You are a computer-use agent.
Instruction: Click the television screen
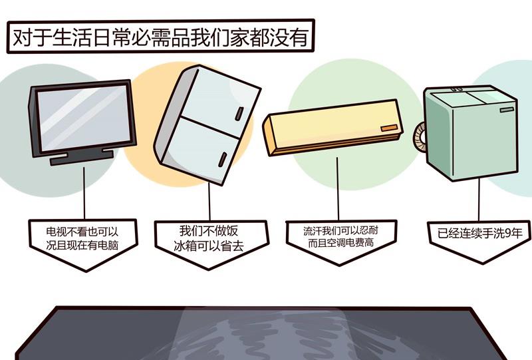(84, 118)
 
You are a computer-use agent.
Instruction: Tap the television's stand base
(81, 158)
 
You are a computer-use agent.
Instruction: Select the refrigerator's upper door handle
(239, 114)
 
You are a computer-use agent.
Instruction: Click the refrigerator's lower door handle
(223, 159)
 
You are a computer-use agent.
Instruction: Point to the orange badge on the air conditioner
(389, 128)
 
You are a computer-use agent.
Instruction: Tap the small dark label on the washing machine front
(507, 109)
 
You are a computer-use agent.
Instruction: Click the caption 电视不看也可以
(82, 232)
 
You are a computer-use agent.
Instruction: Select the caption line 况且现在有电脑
(82, 245)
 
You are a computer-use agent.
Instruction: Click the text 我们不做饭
(209, 231)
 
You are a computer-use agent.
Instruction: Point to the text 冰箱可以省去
(209, 246)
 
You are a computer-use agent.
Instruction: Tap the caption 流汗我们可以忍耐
(340, 231)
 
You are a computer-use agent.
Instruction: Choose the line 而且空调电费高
(340, 243)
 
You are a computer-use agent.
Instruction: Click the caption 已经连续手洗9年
(479, 234)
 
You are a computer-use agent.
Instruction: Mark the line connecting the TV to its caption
(84, 192)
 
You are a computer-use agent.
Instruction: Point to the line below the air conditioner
(338, 188)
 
